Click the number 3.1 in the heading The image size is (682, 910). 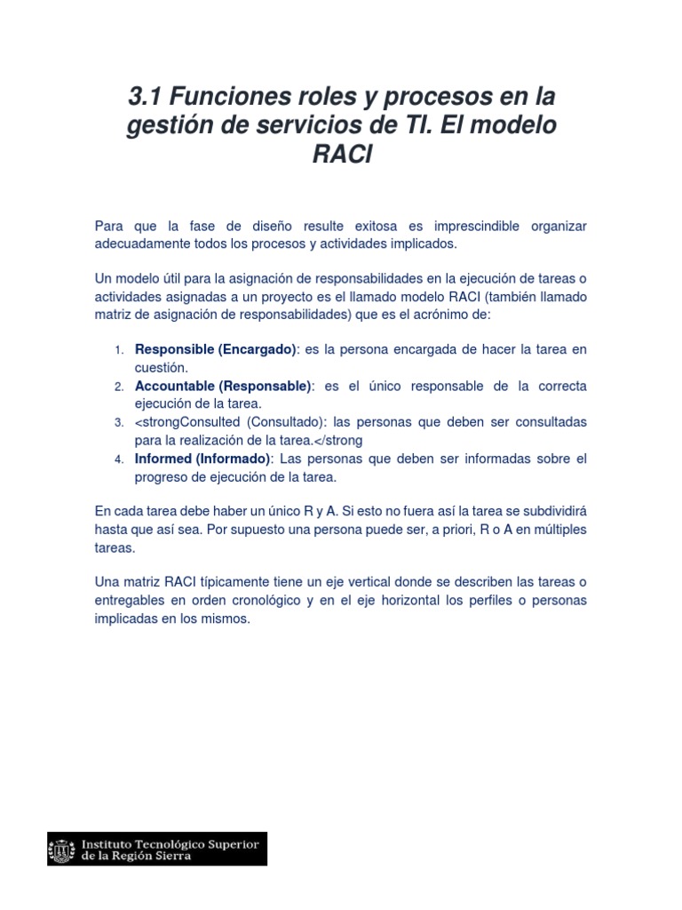[x=148, y=95]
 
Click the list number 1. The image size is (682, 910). [x=119, y=350]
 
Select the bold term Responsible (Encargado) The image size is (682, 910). [x=215, y=349]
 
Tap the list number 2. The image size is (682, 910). [x=119, y=387]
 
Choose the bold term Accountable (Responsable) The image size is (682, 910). [x=223, y=386]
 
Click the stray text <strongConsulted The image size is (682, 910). [x=187, y=422]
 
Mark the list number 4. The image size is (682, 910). [x=119, y=459]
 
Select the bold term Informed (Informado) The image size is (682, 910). [x=202, y=459]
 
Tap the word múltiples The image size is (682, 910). [x=556, y=530]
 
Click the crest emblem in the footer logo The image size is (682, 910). [x=63, y=849]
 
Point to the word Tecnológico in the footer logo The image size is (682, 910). [x=171, y=842]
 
